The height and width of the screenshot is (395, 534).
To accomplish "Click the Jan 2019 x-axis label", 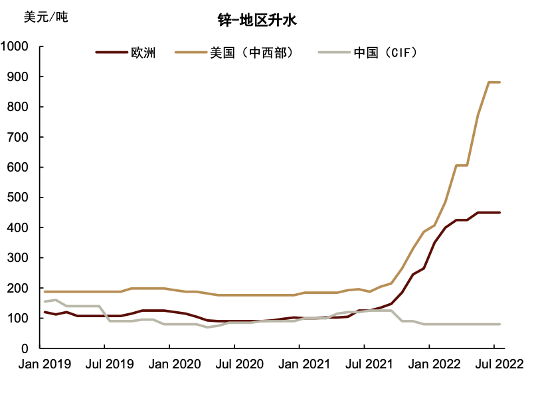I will click(40, 364).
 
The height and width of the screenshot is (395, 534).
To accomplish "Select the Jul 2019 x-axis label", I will click(104, 364).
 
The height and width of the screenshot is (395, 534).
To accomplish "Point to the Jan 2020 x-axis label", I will click(169, 364).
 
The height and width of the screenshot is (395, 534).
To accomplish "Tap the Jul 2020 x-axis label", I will click(234, 364).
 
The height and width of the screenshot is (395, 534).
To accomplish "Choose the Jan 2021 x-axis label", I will click(299, 364).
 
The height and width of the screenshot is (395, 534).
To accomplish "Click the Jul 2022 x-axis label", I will click(494, 364).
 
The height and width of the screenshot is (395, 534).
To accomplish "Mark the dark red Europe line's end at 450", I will click(499, 213).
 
